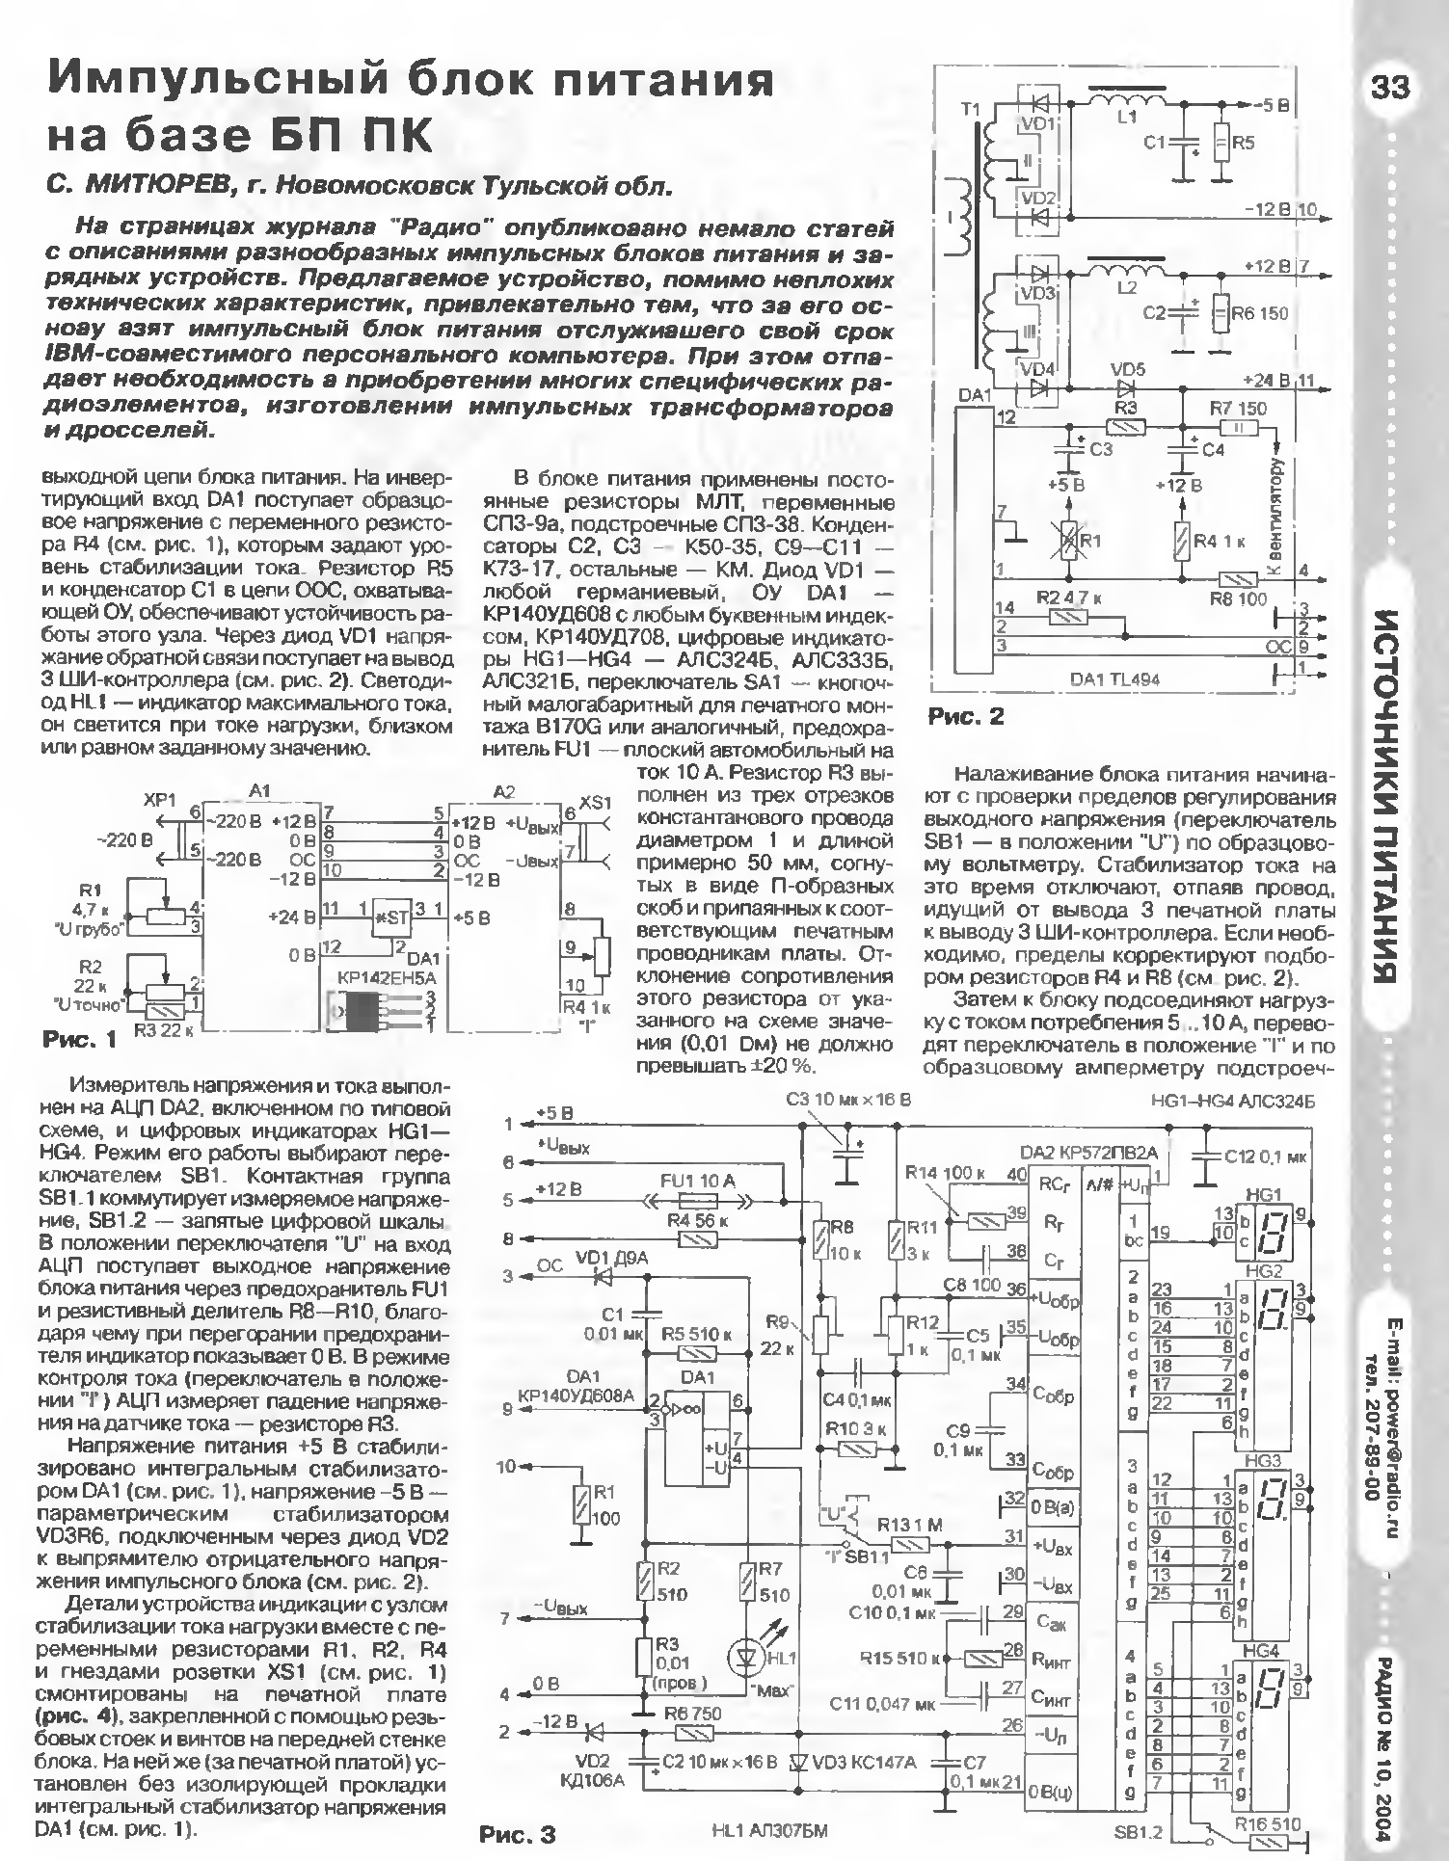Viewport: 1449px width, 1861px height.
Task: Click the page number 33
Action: point(1390,89)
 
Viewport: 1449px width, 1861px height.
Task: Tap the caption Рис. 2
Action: point(965,716)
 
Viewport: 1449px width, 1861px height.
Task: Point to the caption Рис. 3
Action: point(518,1834)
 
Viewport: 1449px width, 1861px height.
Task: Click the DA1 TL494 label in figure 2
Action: point(1114,678)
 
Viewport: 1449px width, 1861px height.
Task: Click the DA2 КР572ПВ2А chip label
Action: point(1089,1152)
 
